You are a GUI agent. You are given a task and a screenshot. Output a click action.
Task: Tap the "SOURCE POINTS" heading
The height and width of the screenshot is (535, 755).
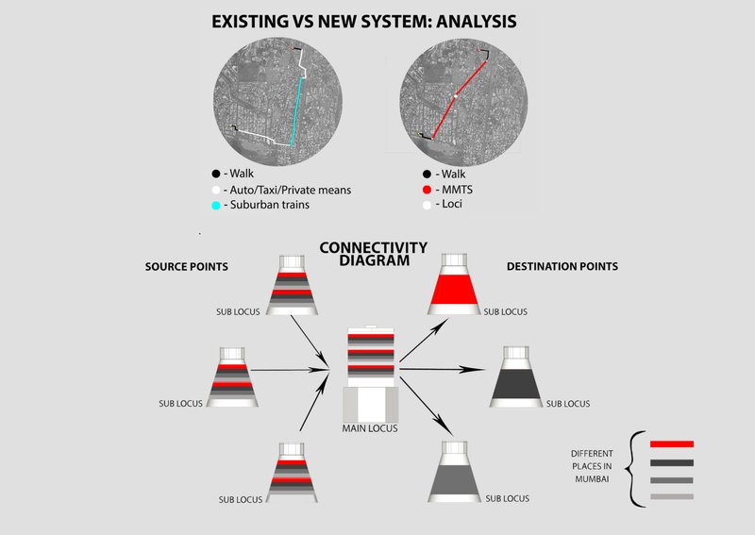(x=186, y=267)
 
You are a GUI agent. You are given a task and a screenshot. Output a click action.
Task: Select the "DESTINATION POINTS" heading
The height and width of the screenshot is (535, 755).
(x=562, y=267)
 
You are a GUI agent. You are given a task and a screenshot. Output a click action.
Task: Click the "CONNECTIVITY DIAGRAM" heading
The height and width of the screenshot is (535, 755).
(x=373, y=255)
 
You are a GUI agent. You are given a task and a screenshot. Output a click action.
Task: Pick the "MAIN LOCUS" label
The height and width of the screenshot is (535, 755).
(x=371, y=429)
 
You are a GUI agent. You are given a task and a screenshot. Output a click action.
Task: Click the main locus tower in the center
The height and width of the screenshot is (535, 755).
(x=371, y=373)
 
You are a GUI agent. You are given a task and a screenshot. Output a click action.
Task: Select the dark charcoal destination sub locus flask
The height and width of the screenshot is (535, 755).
(x=516, y=378)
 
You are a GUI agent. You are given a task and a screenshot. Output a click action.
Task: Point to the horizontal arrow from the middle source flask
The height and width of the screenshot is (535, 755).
(x=293, y=371)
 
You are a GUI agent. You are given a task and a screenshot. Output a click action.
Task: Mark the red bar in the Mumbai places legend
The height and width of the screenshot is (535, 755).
(x=672, y=443)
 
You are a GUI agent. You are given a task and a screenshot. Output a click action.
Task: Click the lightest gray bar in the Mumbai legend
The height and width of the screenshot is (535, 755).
(x=672, y=497)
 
